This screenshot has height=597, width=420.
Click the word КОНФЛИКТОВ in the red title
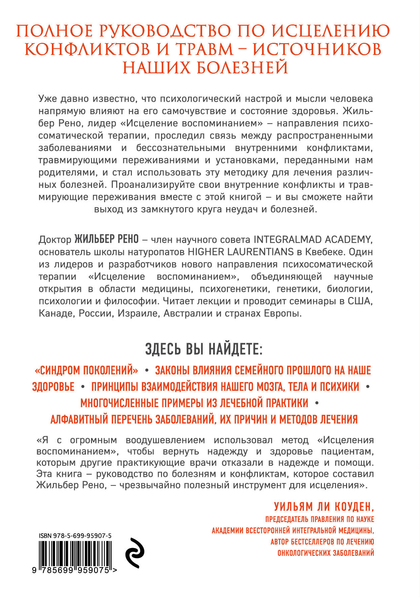coord(87,50)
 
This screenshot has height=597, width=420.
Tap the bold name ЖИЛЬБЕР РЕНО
coord(106,239)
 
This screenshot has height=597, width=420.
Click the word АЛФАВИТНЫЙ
coord(79,419)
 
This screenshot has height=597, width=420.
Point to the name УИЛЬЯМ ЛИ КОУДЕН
coord(324,507)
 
